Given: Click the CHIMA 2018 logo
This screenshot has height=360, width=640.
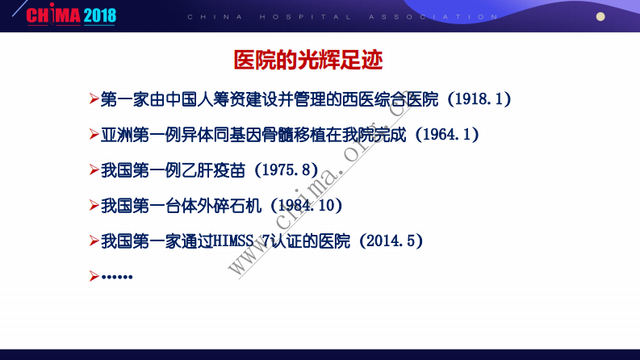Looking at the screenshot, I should [71, 15].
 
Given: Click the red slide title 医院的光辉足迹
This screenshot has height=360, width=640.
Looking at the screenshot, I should [307, 60].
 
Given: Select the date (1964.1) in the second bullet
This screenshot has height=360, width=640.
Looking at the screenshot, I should [447, 135].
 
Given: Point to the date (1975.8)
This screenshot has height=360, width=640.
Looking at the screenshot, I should [287, 170].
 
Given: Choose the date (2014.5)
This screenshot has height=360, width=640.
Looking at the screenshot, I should [391, 241].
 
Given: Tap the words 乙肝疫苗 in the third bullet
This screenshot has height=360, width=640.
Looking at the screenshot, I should [213, 170].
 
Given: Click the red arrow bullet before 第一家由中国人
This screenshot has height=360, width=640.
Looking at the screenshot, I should [94, 99].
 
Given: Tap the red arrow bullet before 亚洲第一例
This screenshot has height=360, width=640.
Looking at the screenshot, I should [94, 135].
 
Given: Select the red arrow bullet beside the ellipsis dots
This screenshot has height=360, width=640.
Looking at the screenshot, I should [94, 276].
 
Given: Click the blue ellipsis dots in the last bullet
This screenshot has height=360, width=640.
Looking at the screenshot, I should [117, 277].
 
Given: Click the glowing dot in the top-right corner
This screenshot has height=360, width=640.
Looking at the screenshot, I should [600, 16].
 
